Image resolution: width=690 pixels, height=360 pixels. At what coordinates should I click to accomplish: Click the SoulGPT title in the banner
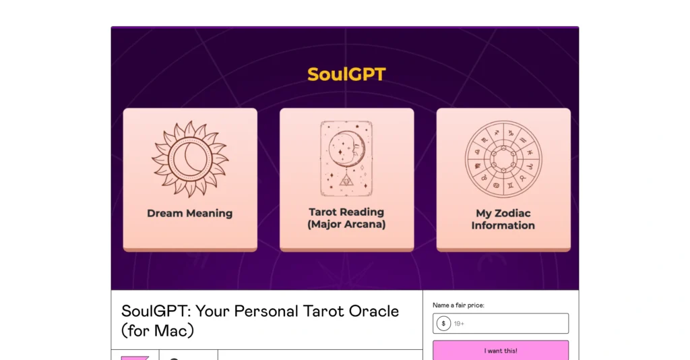point(346,74)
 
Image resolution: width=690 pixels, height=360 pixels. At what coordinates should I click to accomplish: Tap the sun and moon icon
point(189,159)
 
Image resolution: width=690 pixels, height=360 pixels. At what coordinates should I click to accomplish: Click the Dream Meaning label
point(189,213)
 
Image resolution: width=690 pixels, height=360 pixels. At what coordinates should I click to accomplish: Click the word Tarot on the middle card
point(324,212)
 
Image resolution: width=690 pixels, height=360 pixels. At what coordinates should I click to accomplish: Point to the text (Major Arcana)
point(346,224)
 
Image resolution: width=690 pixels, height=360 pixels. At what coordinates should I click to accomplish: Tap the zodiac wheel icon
point(503,159)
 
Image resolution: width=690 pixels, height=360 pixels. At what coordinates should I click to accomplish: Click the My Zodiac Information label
point(503,219)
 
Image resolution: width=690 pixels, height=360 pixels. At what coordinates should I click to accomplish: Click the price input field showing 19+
point(509,324)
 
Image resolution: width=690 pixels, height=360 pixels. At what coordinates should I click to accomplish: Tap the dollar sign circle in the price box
point(443,324)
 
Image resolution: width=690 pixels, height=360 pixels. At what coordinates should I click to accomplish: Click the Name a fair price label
point(458,305)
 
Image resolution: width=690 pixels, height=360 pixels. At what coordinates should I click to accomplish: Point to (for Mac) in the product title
point(158,331)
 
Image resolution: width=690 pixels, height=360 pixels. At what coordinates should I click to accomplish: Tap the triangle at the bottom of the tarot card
point(346,180)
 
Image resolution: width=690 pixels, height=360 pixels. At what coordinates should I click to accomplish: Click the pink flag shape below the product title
point(135,357)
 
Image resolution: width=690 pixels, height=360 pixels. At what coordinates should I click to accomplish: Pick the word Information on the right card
point(503,225)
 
